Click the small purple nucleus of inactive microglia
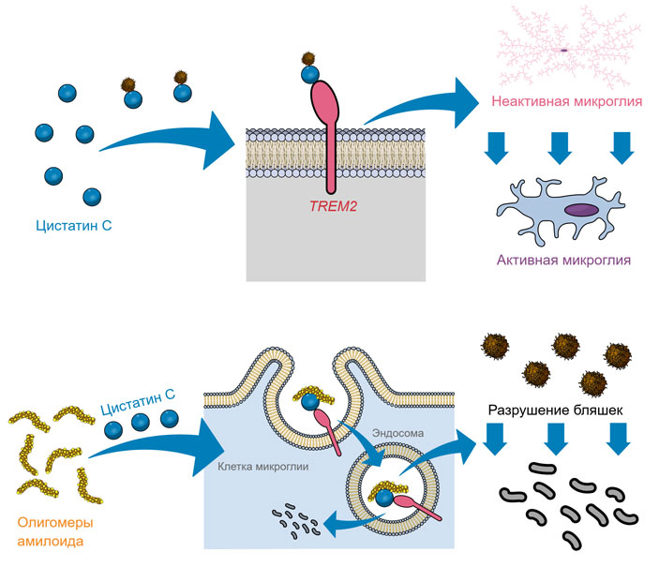coord(564,49)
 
